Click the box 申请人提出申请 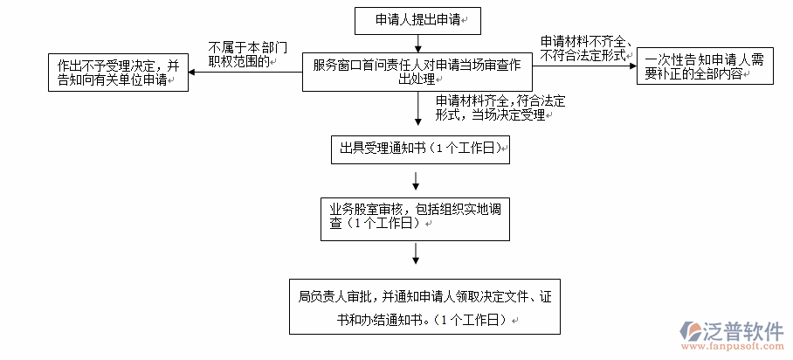tap(417, 20)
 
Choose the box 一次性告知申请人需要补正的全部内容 tap(706, 67)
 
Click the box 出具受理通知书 tap(417, 149)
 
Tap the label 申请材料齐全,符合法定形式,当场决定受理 tap(493, 107)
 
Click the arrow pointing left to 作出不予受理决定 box tap(245, 72)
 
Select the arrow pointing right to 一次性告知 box tap(584, 67)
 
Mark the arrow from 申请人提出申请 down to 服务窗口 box tap(418, 43)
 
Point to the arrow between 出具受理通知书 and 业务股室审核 tap(417, 180)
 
